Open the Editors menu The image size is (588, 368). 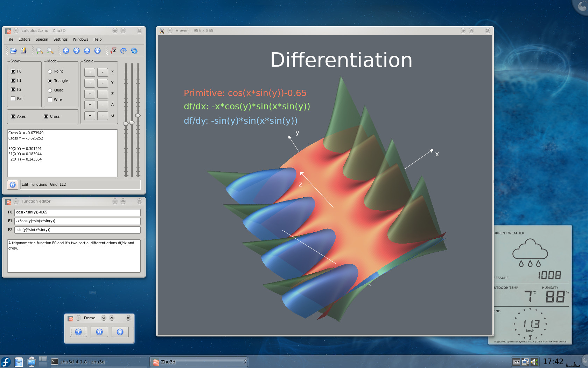pos(24,39)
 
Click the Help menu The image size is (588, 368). pos(97,39)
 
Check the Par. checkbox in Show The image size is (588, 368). pos(13,98)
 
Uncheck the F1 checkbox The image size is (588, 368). pos(13,80)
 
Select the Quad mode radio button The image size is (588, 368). pos(50,90)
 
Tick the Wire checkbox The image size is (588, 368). pos(50,100)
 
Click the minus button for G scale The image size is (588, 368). pos(103,115)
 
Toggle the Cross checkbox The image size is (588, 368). pos(46,116)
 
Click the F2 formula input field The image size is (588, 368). pos(77,230)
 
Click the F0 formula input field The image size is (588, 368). pos(77,212)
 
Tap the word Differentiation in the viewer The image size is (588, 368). pos(341,60)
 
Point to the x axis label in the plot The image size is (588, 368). pos(437,154)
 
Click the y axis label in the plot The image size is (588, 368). pos(297,132)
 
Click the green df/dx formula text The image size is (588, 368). pos(247,107)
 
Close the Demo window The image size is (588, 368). pos(128,318)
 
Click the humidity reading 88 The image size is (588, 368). pos(555,297)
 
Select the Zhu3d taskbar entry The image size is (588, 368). pos(199,362)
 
